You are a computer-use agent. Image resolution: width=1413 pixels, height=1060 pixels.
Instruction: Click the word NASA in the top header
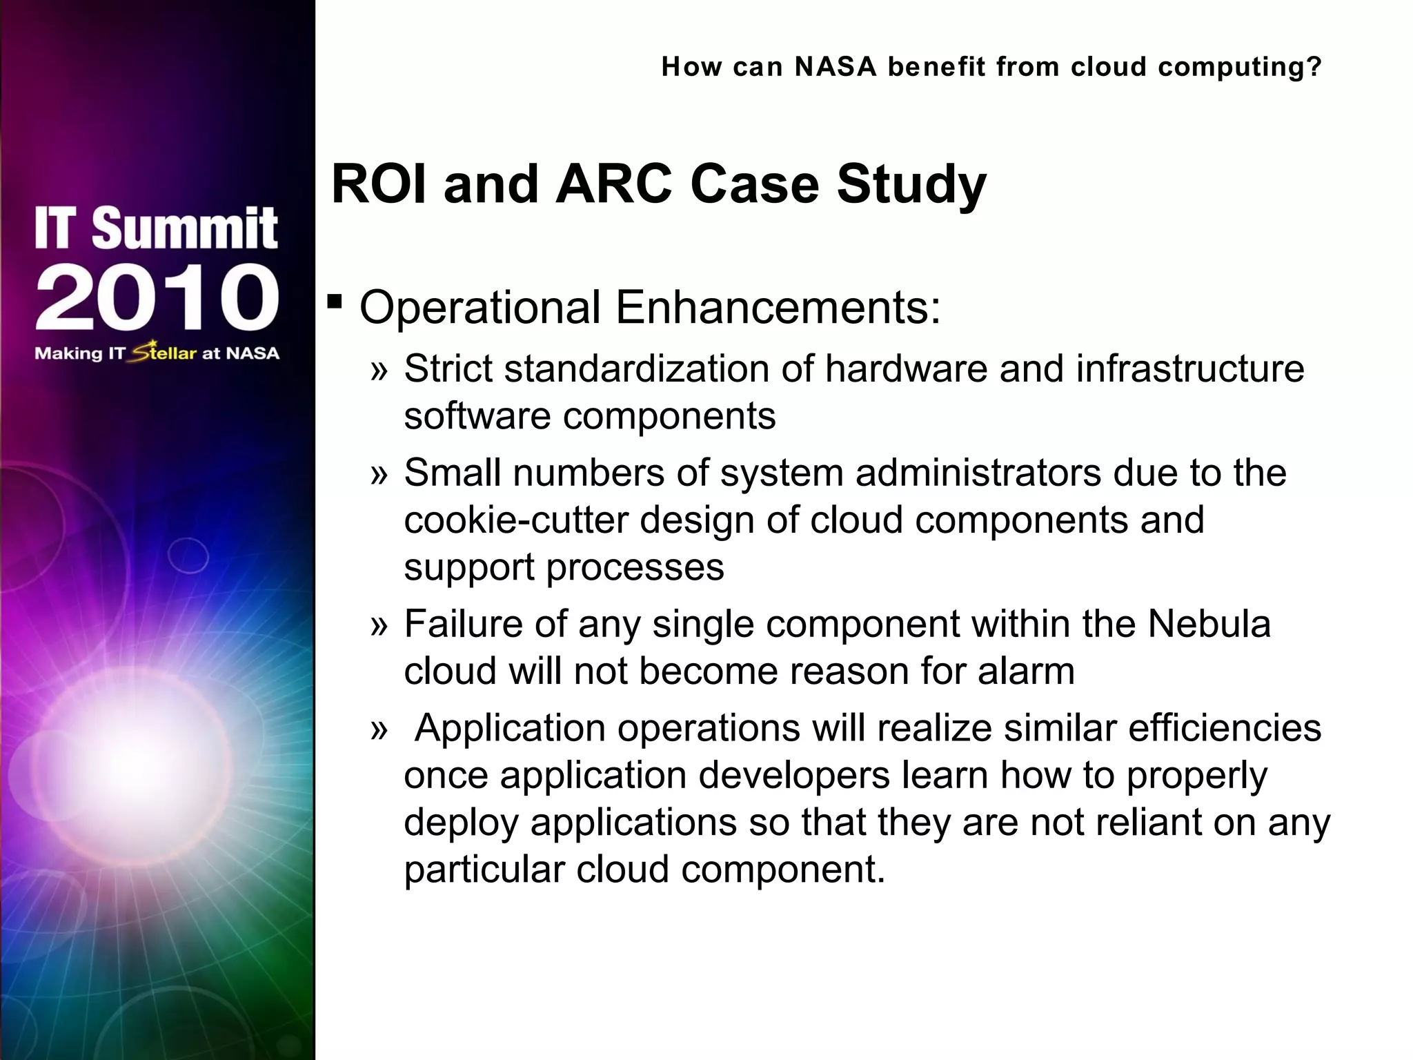836,67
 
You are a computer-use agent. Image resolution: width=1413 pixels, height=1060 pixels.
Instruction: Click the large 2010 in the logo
157,297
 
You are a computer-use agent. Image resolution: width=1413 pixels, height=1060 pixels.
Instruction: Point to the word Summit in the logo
184,228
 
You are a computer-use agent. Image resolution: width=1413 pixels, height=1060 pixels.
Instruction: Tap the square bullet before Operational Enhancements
335,302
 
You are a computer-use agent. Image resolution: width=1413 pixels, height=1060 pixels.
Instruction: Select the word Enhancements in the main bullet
778,307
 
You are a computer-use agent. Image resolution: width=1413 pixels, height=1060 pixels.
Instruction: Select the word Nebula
1209,624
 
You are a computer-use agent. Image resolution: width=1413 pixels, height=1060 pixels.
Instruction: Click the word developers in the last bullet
793,776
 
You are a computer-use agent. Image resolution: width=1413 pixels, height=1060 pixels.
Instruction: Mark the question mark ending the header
1314,67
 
